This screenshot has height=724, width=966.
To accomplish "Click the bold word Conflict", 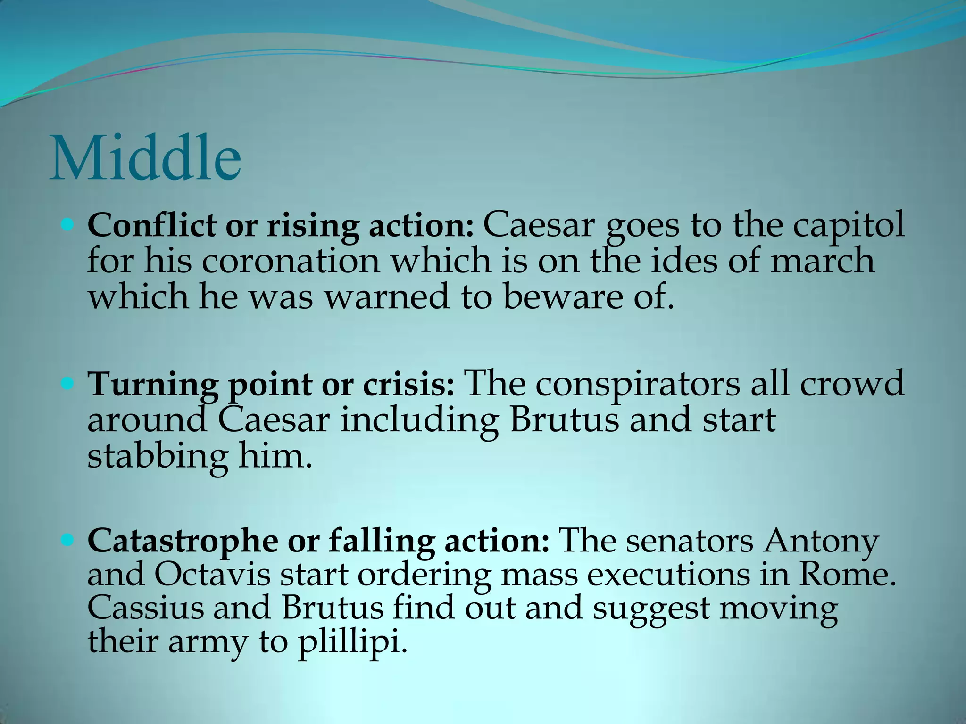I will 151,225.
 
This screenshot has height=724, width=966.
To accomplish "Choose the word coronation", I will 291,262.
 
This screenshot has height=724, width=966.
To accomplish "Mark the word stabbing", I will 157,457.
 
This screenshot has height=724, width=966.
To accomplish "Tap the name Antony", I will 821,542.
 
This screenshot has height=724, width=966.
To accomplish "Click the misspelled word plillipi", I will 351,642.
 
